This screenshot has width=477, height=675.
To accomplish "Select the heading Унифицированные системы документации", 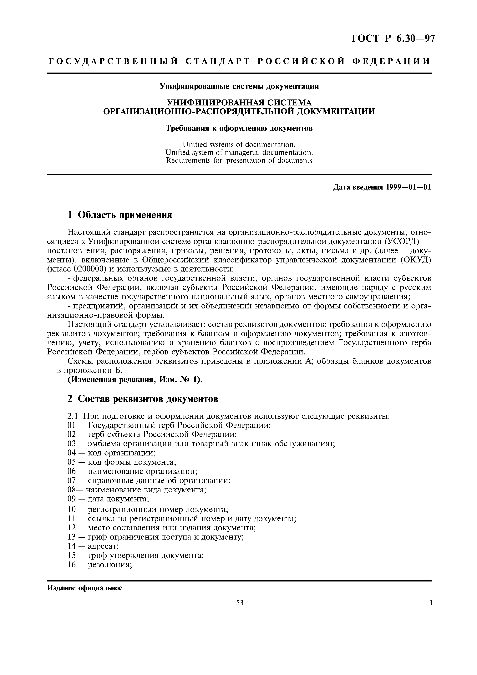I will point(239,86).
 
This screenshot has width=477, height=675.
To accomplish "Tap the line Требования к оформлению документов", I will point(239,129).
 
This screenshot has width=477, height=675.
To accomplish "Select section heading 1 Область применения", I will point(120,215).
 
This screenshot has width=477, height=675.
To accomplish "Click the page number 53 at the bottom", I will point(240,603).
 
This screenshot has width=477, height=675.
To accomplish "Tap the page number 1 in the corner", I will point(431,603).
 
